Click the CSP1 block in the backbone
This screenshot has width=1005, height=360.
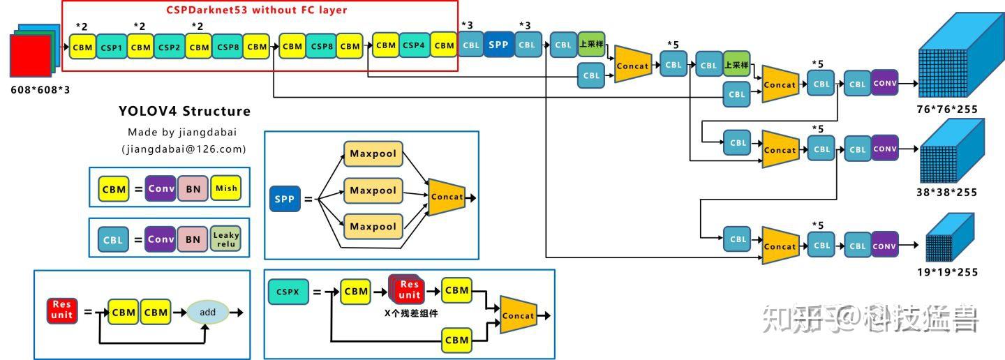click(x=111, y=47)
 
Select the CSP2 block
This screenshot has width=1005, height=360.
click(x=169, y=47)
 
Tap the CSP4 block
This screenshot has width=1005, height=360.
click(x=413, y=45)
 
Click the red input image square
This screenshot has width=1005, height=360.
click(x=31, y=56)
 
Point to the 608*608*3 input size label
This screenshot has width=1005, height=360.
click(x=40, y=90)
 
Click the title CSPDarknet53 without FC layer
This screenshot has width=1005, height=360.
click(x=256, y=10)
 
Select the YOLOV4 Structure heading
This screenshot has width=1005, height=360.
click(x=184, y=111)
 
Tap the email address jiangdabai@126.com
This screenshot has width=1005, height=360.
click(x=184, y=149)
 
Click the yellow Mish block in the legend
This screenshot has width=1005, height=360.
click(x=225, y=188)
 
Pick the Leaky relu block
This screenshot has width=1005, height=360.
click(x=225, y=239)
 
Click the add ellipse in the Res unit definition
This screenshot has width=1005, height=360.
click(x=207, y=312)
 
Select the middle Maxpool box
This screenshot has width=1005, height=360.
click(x=373, y=190)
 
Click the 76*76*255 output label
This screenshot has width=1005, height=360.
click(x=947, y=109)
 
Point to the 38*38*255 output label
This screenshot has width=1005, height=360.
click(x=947, y=193)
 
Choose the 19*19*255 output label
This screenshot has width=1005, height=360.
click(x=947, y=272)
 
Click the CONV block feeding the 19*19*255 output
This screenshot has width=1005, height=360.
click(x=884, y=246)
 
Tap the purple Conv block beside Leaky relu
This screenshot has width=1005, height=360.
click(x=161, y=239)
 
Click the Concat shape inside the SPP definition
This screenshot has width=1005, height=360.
click(x=446, y=197)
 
